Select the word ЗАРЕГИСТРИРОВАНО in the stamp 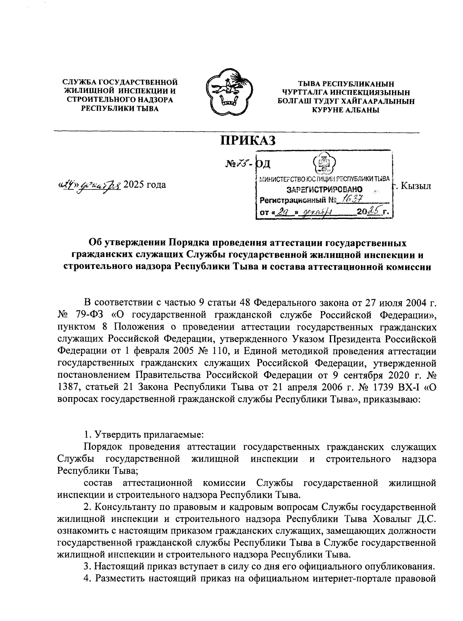pos(324,190)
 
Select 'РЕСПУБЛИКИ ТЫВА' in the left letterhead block pos(120,109)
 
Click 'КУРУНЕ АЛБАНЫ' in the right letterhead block pos(345,110)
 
